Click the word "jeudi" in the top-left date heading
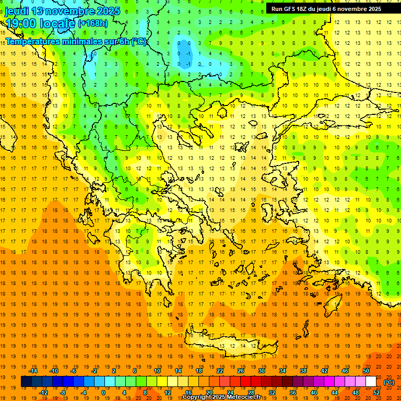pos(17,11)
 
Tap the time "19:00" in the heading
pos(22,23)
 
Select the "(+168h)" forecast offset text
pos(93,23)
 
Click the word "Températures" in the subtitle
pos(33,41)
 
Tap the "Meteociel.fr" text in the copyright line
pos(250,397)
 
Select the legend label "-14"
pos(32,371)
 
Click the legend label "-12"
pos(43,392)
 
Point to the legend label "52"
pos(376,392)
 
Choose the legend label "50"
pos(366,371)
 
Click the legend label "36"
pos(293,392)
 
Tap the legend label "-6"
pos(74,371)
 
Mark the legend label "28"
pos(251,392)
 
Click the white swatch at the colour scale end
pos(371,382)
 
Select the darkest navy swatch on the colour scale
pos(26,382)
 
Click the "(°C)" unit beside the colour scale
pos(389,382)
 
